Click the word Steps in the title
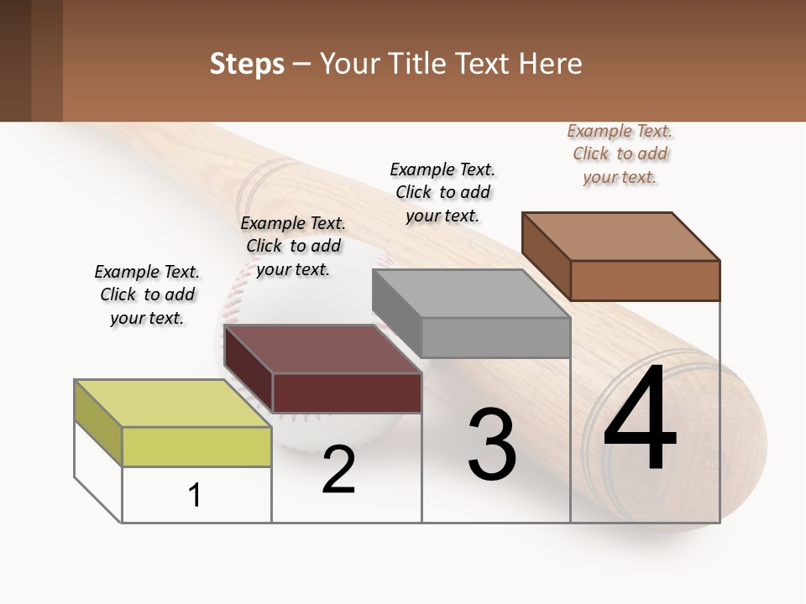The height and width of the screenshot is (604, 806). (247, 65)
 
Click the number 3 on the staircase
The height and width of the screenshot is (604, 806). (492, 444)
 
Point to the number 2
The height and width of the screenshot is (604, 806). (338, 470)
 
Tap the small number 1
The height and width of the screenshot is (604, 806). (195, 495)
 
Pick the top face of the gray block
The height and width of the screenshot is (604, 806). (471, 294)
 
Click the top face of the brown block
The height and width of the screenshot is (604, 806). (620, 236)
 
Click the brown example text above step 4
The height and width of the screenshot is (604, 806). (620, 154)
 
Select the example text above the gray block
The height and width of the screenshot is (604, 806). (442, 192)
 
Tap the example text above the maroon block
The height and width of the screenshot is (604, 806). (293, 246)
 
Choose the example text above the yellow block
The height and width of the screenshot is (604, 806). (147, 294)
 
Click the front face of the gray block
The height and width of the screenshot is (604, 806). (495, 337)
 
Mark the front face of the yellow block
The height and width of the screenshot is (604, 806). (196, 446)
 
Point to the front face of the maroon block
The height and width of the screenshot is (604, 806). (347, 393)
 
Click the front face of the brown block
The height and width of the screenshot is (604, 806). (645, 280)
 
